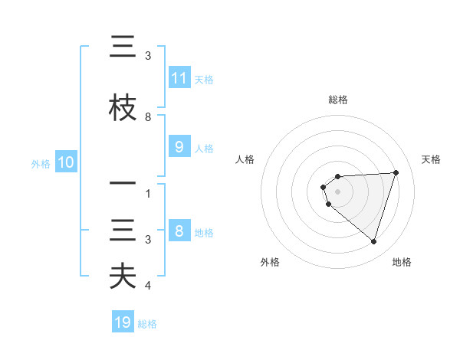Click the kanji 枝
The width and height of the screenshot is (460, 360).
(123, 107)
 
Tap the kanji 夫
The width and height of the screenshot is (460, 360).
(123, 276)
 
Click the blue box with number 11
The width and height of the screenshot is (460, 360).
(179, 78)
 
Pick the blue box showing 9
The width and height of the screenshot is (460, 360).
(179, 148)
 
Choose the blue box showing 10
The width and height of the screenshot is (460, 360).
(65, 162)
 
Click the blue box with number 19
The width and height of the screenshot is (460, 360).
(123, 322)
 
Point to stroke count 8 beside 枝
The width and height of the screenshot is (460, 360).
(148, 117)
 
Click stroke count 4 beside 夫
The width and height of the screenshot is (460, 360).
(148, 286)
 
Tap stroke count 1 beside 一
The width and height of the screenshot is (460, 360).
(148, 194)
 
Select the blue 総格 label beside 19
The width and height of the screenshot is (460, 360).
(147, 324)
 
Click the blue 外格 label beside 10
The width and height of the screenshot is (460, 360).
(41, 163)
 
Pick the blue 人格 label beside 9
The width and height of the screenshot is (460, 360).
(204, 149)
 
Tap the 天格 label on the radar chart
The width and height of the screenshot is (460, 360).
(432, 159)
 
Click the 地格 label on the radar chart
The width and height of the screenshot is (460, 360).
(402, 262)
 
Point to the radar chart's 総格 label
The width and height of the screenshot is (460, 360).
(337, 100)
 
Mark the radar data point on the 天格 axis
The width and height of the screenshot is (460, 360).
(396, 172)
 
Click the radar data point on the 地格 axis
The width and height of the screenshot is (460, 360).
(373, 241)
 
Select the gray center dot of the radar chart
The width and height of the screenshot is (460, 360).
(337, 191)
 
